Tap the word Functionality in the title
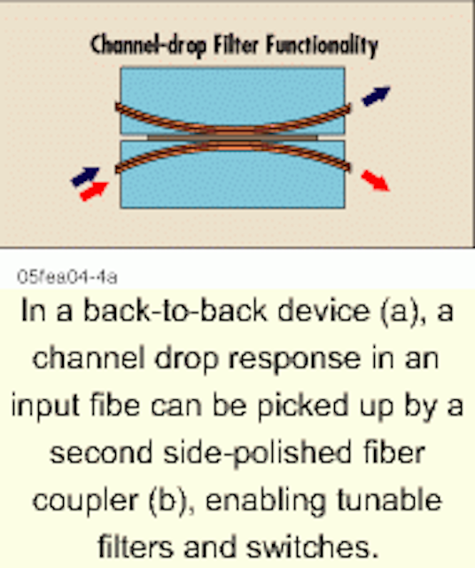tap(322, 45)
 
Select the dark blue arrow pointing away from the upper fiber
tap(377, 96)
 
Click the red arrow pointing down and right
tap(376, 180)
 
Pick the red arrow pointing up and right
tap(94, 191)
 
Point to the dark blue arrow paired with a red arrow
tap(85, 177)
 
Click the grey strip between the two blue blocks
tap(232, 138)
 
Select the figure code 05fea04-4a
tap(67, 277)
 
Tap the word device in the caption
tap(323, 311)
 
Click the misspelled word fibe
tap(115, 405)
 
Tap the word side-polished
tap(258, 454)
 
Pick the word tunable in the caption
tap(390, 500)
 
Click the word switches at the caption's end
tap(312, 547)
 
